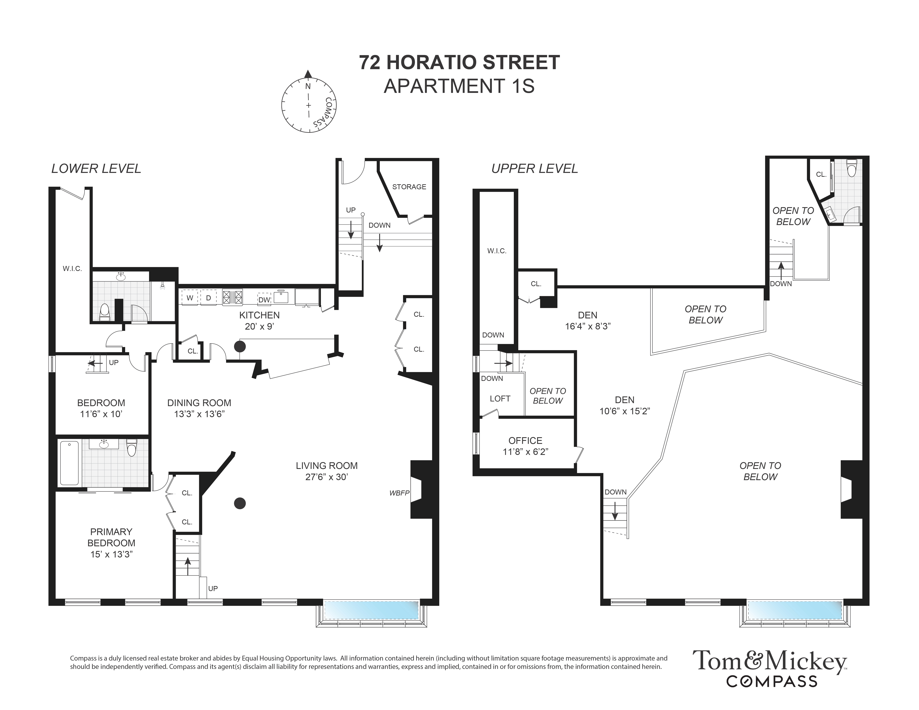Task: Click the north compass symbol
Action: pyautogui.click(x=308, y=101)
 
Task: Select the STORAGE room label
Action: pyautogui.click(x=409, y=187)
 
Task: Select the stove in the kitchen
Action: pyautogui.click(x=233, y=297)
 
